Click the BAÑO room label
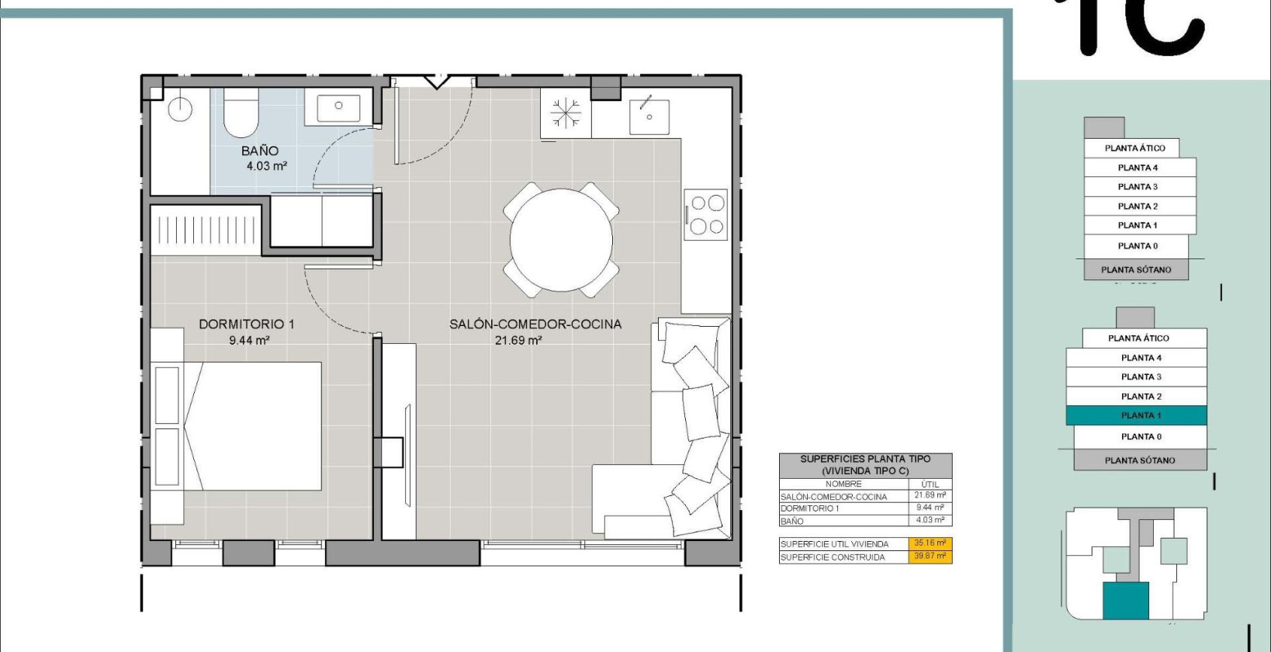(259, 151)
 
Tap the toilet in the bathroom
(241, 114)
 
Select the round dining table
(561, 241)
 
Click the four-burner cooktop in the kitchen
(706, 215)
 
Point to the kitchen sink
(649, 116)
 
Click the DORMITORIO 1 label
(247, 324)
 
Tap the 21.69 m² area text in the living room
(518, 340)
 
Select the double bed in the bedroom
(252, 425)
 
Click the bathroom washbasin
(338, 107)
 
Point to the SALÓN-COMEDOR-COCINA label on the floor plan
(535, 324)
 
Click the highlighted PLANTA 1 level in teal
(1137, 415)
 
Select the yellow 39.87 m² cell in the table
(930, 556)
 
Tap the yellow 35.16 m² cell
(930, 543)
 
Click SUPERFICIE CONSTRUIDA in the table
(833, 557)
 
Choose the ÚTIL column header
(930, 484)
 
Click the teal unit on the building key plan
(1125, 600)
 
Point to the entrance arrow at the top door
(436, 81)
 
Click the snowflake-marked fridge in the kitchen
(566, 113)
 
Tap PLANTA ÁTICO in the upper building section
(1134, 147)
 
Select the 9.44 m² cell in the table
(930, 508)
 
